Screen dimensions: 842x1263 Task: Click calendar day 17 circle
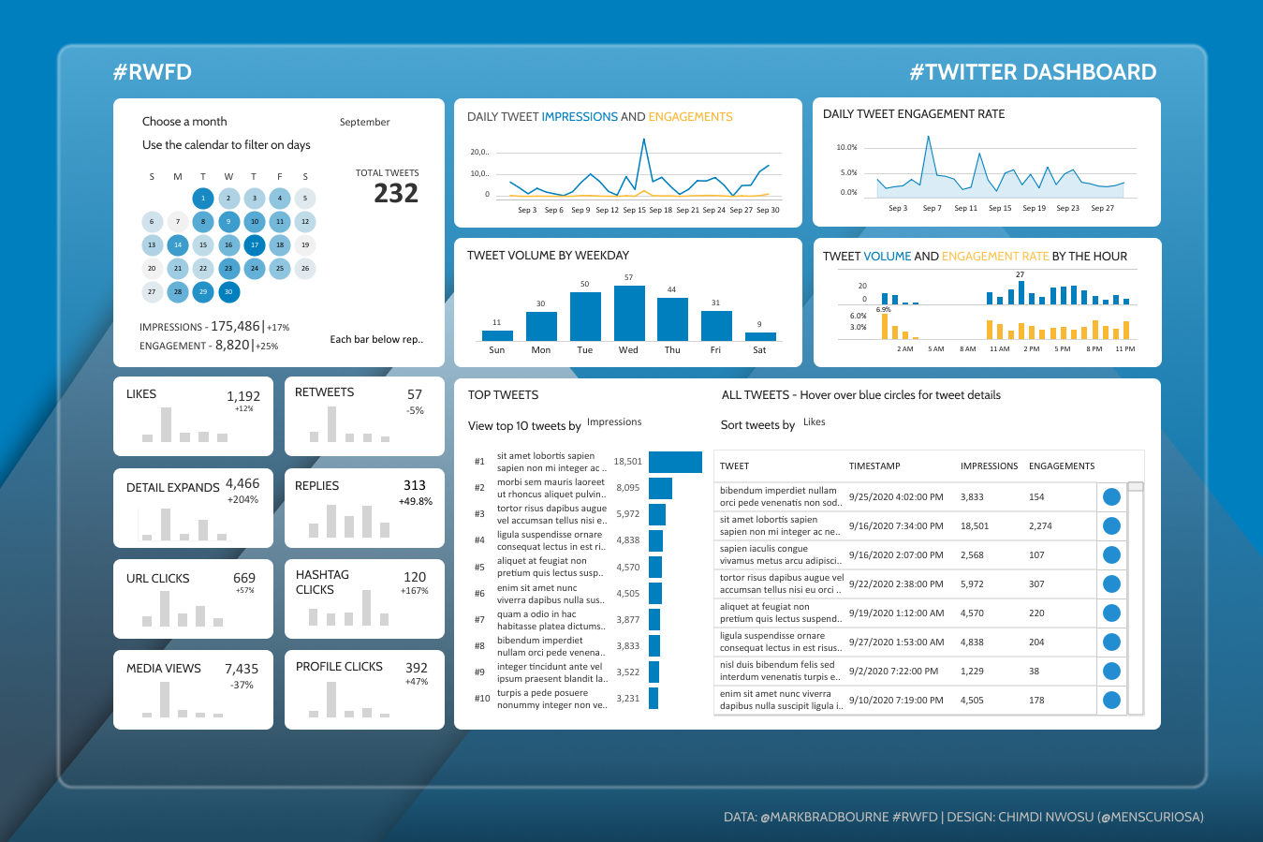pos(254,245)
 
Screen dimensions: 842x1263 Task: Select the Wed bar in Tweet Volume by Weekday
pos(629,313)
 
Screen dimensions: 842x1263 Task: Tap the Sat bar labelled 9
pos(760,336)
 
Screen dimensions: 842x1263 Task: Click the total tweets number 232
pos(395,193)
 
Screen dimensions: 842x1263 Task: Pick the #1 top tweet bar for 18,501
pos(675,462)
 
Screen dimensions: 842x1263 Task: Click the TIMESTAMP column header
pos(874,465)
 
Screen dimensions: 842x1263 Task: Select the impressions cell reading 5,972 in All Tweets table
pos(974,583)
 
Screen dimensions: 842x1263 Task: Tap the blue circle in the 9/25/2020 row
pos(1111,497)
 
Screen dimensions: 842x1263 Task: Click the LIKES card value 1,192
pos(243,396)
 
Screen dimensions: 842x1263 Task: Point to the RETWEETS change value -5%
pos(415,410)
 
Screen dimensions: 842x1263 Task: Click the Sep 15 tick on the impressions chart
pos(634,210)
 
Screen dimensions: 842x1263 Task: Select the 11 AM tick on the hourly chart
pos(999,348)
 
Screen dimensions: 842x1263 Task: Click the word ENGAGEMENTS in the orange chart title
pos(690,117)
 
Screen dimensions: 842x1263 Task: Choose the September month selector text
pos(364,122)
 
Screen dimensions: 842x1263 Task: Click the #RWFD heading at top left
pos(152,72)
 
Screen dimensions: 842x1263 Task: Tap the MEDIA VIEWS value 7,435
pos(242,669)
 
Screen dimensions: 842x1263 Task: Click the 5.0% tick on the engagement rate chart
pos(847,172)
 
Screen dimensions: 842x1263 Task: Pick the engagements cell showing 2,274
pos(1040,526)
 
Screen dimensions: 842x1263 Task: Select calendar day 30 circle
pos(228,292)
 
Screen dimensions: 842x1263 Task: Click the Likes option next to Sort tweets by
pos(814,422)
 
